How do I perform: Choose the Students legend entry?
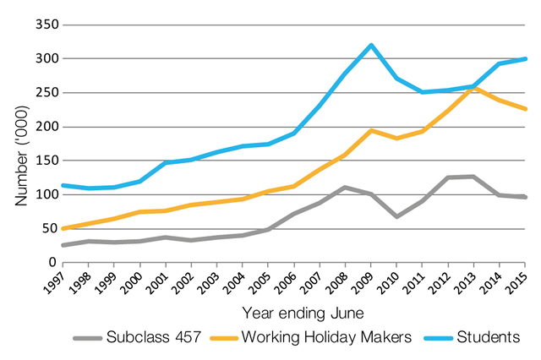(488, 336)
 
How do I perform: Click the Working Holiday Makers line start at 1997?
(63, 228)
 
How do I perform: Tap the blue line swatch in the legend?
(434, 336)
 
